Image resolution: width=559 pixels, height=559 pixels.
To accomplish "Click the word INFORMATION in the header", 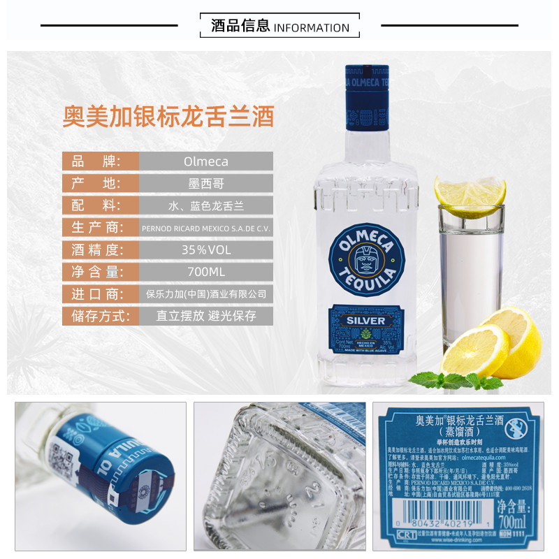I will pos(311,28).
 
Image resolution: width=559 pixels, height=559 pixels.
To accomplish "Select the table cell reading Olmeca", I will pos(205,161).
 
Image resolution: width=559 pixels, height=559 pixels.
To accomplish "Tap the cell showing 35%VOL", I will pos(205,249).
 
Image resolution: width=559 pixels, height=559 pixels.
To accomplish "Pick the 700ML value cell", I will pos(205,272).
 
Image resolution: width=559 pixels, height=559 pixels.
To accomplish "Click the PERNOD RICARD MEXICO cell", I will pos(205,228).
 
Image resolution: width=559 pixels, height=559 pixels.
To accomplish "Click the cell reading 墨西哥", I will pos(205,184).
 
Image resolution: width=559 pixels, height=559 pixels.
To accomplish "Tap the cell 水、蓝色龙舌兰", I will pos(205,205).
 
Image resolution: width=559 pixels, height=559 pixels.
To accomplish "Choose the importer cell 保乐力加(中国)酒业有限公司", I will pos(205,294).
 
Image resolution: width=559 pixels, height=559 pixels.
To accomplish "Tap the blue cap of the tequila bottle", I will pos(365,98).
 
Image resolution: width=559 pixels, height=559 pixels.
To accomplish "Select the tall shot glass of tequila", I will pos(470,279).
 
